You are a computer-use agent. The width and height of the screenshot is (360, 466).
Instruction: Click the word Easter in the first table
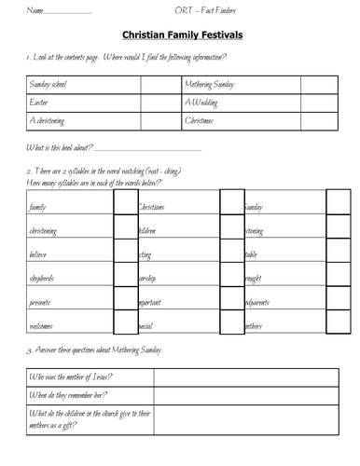40,103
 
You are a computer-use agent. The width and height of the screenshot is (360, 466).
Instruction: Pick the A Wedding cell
202,103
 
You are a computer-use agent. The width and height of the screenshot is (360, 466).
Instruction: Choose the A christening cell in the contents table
48,121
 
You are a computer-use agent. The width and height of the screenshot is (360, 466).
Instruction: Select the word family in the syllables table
38,207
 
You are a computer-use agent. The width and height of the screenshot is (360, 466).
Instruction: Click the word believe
39,254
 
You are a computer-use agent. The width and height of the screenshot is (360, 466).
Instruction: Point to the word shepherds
43,278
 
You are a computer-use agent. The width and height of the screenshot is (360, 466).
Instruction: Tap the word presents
41,302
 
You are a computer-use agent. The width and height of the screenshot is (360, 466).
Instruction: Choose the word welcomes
42,326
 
